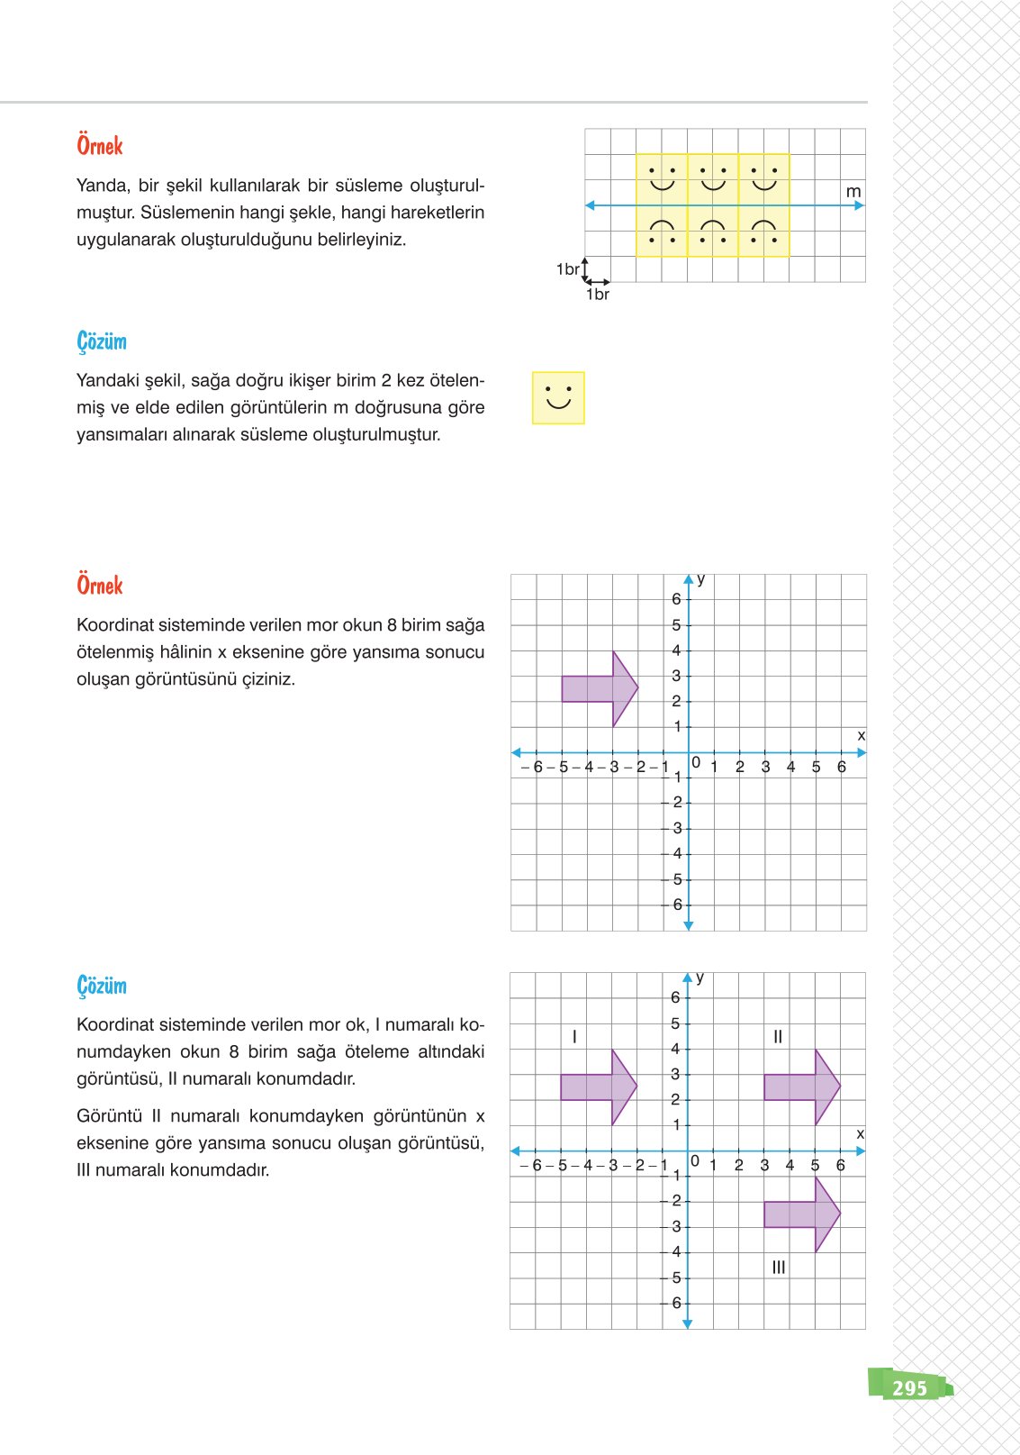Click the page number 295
tap(909, 1388)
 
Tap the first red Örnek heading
tap(99, 146)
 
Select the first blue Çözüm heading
tap(102, 341)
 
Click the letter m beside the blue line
tap(853, 192)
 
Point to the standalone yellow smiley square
tap(558, 397)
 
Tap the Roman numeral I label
tap(574, 1037)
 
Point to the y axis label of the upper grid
tap(701, 579)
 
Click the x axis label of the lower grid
tap(860, 1134)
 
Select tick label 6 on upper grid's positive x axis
tap(841, 767)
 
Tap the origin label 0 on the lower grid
tap(695, 1161)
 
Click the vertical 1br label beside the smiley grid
tap(567, 269)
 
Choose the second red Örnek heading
tap(99, 586)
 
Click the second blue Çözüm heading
tap(102, 986)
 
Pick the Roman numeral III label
tap(779, 1268)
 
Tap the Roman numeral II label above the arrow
tap(778, 1037)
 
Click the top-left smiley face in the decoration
tap(662, 178)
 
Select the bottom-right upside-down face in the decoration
tap(763, 232)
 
